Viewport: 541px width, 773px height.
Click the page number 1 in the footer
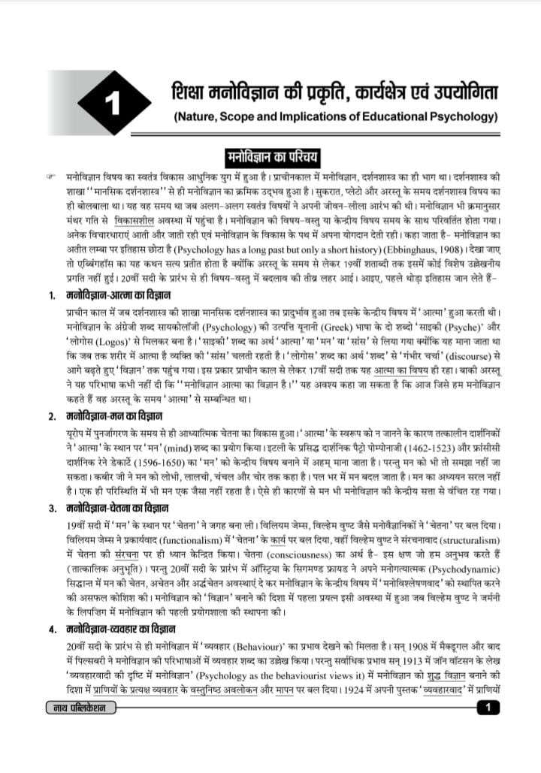[x=488, y=707]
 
